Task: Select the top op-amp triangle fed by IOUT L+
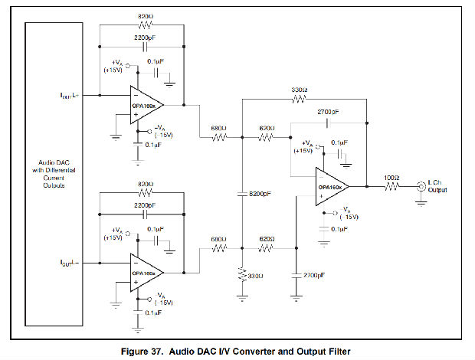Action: pyautogui.click(x=146, y=104)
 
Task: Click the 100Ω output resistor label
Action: pyautogui.click(x=391, y=178)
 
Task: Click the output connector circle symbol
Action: pyautogui.click(x=420, y=186)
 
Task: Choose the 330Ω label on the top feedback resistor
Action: pyautogui.click(x=300, y=89)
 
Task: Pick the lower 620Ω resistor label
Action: pyautogui.click(x=267, y=239)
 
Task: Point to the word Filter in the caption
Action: pyautogui.click(x=333, y=352)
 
